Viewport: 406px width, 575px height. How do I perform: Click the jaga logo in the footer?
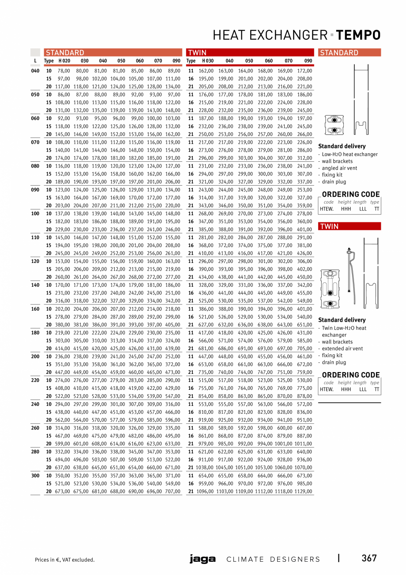(x=203, y=559)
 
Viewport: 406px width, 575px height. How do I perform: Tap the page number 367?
(x=369, y=558)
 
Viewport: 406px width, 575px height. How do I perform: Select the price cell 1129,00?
(x=303, y=491)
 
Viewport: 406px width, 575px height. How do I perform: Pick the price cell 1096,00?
(x=205, y=491)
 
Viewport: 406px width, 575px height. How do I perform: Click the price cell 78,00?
(x=64, y=71)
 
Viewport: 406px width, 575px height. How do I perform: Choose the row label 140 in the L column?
(x=35, y=285)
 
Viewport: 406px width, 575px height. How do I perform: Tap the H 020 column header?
(x=64, y=61)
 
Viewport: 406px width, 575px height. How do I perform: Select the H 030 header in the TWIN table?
(x=208, y=61)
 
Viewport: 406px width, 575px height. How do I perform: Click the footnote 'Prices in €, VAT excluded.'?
(x=65, y=560)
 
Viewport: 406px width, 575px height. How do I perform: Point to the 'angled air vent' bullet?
(x=339, y=168)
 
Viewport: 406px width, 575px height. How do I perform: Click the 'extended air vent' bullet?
(x=342, y=349)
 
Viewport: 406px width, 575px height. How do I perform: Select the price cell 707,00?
(x=172, y=491)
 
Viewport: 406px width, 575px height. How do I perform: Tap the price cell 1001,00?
(x=283, y=443)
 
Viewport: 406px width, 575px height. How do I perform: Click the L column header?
(x=35, y=61)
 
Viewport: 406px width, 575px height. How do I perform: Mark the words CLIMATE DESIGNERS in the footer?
(x=273, y=559)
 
